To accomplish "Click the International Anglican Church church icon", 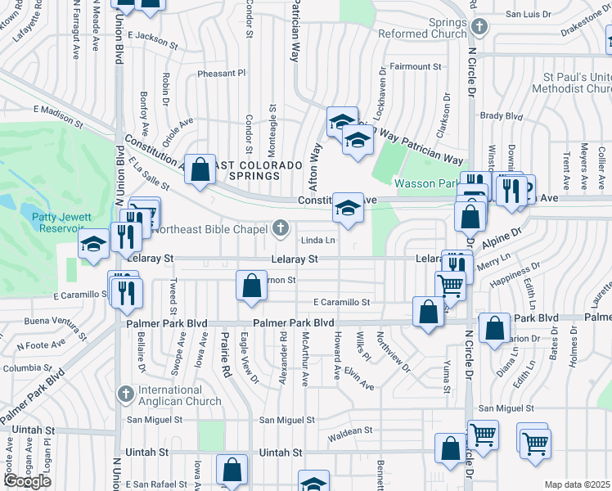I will [125, 394].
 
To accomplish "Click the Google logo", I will [27, 481].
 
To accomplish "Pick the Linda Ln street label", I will [318, 241].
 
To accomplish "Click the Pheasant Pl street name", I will [222, 73].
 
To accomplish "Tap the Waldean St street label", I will [349, 430].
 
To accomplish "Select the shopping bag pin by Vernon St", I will [252, 286].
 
